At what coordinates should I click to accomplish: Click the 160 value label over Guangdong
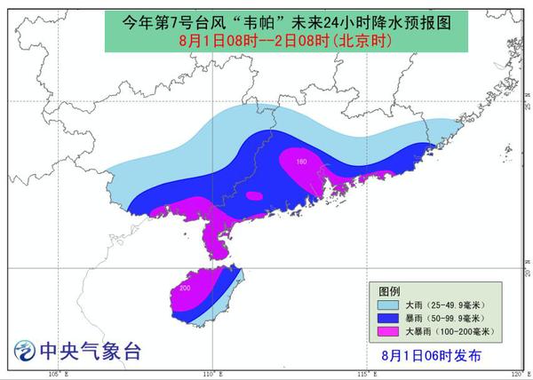[300, 162]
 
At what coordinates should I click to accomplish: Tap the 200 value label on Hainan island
[185, 289]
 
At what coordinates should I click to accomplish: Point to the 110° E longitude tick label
[210, 374]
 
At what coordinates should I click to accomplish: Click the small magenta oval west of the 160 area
[254, 196]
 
